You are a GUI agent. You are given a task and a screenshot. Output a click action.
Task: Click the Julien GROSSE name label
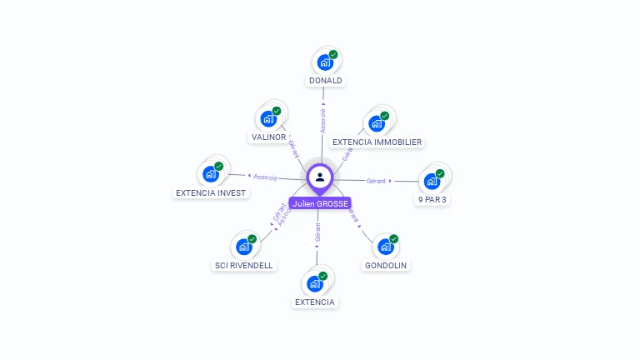click(x=320, y=203)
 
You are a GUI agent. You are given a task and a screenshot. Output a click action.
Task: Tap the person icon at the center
click(x=320, y=177)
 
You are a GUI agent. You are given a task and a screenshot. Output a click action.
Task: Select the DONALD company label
click(x=325, y=81)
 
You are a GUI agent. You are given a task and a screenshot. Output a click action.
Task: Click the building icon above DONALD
click(x=324, y=62)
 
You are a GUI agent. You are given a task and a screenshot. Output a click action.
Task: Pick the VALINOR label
click(x=268, y=137)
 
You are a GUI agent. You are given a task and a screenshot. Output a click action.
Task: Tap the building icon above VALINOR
click(x=268, y=117)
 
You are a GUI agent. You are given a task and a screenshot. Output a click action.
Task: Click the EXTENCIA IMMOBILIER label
click(x=377, y=142)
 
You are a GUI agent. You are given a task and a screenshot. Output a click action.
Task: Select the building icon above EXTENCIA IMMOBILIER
click(x=377, y=123)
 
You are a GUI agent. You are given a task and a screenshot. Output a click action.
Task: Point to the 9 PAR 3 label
click(x=432, y=200)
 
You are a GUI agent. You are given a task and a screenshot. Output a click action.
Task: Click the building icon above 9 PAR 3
click(x=432, y=181)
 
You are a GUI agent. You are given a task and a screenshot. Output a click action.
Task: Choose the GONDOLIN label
click(x=387, y=265)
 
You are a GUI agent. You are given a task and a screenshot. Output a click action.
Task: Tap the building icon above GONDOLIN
click(x=386, y=247)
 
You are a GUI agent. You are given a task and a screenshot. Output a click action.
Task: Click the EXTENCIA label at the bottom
click(x=315, y=302)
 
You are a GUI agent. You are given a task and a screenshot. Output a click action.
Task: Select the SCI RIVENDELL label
click(x=243, y=265)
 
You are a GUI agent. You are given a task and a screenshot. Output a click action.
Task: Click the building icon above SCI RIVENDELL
click(x=244, y=247)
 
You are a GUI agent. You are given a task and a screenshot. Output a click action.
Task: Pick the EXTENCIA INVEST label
click(x=211, y=192)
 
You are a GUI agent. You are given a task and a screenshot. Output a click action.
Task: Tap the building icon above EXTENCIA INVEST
click(x=211, y=174)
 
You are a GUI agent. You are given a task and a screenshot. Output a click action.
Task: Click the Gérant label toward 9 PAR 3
click(x=376, y=181)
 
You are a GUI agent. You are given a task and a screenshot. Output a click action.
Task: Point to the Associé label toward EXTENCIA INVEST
click(x=265, y=177)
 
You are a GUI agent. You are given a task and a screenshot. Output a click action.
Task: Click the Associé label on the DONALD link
click(x=322, y=121)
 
